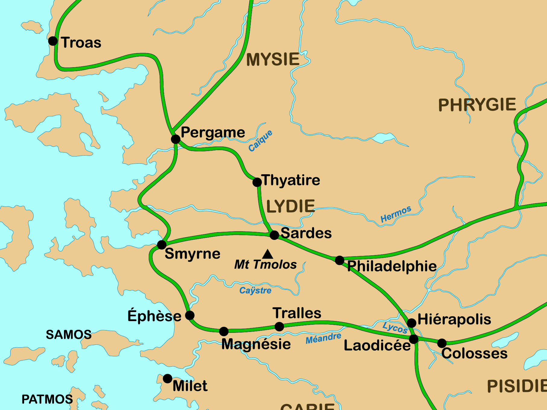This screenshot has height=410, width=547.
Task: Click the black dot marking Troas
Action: point(53,41)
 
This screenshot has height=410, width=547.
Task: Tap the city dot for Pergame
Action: point(176,139)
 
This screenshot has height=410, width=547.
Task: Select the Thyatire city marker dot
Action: point(257,182)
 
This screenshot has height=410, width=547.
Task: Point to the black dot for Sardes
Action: point(274,235)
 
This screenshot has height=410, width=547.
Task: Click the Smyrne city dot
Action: point(162,244)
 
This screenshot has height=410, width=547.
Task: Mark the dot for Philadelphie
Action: point(340,260)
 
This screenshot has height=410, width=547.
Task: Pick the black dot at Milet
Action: point(167,378)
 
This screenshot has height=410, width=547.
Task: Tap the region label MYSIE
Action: point(273,59)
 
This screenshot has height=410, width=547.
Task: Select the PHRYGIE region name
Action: point(477,105)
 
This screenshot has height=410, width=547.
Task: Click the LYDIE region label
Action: point(291,207)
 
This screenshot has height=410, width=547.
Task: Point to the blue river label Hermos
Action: point(396,214)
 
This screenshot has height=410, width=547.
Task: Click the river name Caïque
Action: point(260,141)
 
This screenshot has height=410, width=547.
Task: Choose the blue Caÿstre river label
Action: point(255,291)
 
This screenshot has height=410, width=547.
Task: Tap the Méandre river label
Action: point(323,339)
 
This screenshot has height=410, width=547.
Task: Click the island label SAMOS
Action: point(69,335)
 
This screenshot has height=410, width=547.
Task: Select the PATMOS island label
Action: point(47,399)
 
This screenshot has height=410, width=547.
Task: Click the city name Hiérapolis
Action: point(454,319)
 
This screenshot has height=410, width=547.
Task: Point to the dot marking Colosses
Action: point(442,343)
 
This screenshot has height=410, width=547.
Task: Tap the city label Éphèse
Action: point(154,316)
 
